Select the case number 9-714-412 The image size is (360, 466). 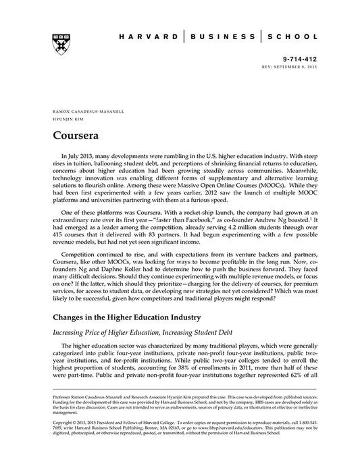(302, 59)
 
